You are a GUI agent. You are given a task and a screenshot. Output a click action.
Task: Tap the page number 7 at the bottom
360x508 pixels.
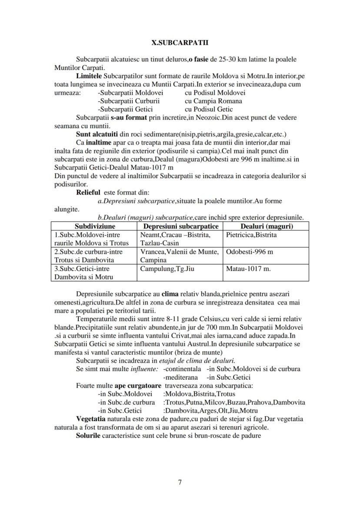tap(180, 481)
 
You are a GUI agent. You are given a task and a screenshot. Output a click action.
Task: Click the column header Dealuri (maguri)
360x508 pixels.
tap(267, 226)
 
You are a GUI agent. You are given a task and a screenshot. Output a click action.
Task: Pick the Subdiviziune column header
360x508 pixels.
tap(95, 226)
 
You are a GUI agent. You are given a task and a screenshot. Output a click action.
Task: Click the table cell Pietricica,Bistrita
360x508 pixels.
tap(251, 235)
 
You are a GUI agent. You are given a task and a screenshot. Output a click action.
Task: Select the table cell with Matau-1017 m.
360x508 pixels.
tap(248, 269)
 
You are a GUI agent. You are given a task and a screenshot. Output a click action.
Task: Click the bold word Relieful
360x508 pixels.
tap(88, 192)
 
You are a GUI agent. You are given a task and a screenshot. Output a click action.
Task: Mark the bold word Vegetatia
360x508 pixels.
tap(90, 419)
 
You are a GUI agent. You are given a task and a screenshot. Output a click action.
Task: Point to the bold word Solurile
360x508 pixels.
tap(88, 435)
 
